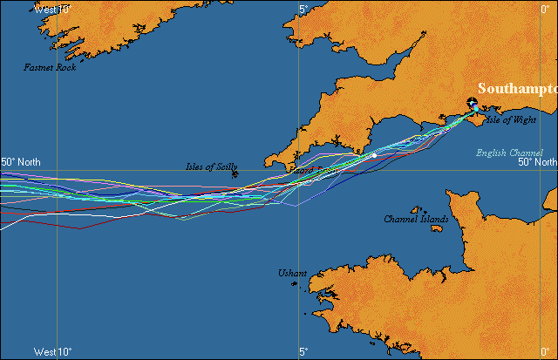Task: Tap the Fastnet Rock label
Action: pos(50,67)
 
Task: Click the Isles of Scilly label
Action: pos(211,166)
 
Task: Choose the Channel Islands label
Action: pos(416,219)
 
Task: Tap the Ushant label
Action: pos(292,273)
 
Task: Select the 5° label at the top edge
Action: pos(303,9)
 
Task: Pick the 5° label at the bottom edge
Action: pos(303,352)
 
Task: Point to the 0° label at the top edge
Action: pos(546,9)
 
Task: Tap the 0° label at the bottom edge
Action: pos(546,352)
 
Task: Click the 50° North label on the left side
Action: pos(20,162)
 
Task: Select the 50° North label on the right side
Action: pos(537,162)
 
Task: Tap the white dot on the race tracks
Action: pos(374,156)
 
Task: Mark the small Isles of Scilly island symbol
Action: pos(236,174)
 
